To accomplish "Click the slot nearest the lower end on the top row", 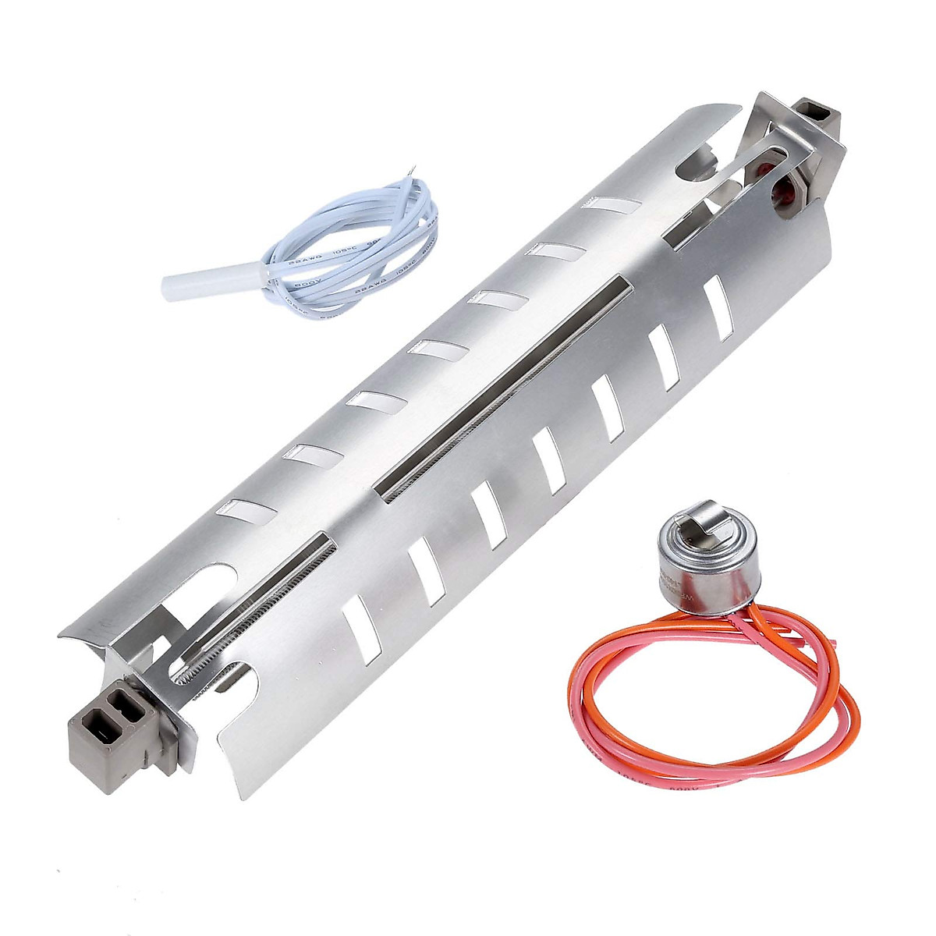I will [x=246, y=511].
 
